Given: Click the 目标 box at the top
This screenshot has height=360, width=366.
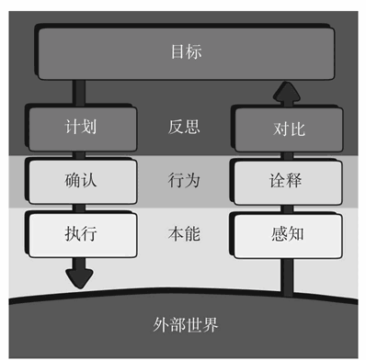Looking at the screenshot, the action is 184,51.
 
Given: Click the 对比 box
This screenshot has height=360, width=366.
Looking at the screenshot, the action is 285,129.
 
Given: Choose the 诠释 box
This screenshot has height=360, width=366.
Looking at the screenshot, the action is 285,181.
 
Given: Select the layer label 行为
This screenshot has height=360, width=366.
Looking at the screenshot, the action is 184,180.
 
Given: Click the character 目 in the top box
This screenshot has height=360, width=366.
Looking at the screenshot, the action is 175,51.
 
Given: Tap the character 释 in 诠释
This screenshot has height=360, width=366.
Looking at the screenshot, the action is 294,181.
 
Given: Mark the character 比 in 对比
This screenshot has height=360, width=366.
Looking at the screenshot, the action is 294,129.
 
